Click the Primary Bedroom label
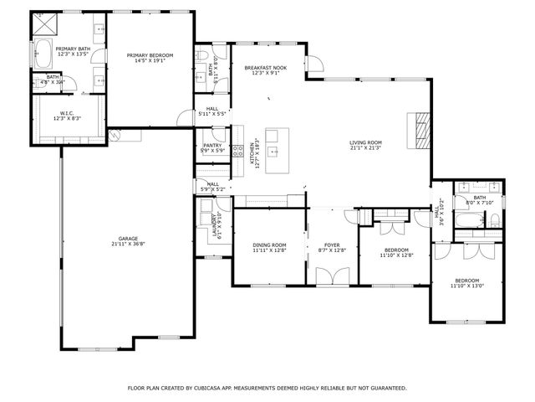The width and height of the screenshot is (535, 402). point(146,55)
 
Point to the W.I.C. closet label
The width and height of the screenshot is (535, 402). point(68,113)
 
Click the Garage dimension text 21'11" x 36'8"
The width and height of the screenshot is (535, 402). point(128,244)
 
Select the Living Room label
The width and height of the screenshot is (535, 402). point(365,142)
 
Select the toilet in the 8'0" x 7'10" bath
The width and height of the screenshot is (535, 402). point(494,220)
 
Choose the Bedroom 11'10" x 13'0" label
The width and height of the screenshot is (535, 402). point(466,281)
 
